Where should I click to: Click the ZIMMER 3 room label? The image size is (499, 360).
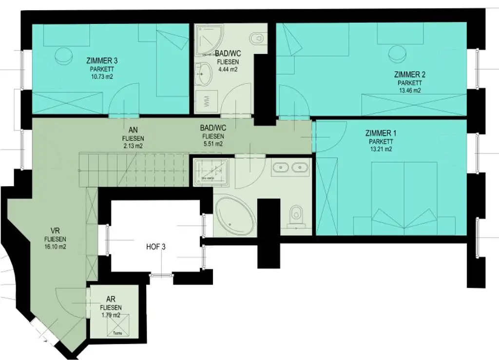[102, 61]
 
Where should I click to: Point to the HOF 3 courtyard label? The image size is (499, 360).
[156, 247]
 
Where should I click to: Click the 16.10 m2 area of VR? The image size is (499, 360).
[55, 247]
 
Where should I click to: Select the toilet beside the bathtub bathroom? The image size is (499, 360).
[295, 214]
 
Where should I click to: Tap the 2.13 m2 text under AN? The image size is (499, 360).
[133, 146]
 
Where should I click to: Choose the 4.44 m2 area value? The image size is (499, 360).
[227, 70]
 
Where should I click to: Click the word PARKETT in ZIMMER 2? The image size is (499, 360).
[409, 83]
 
